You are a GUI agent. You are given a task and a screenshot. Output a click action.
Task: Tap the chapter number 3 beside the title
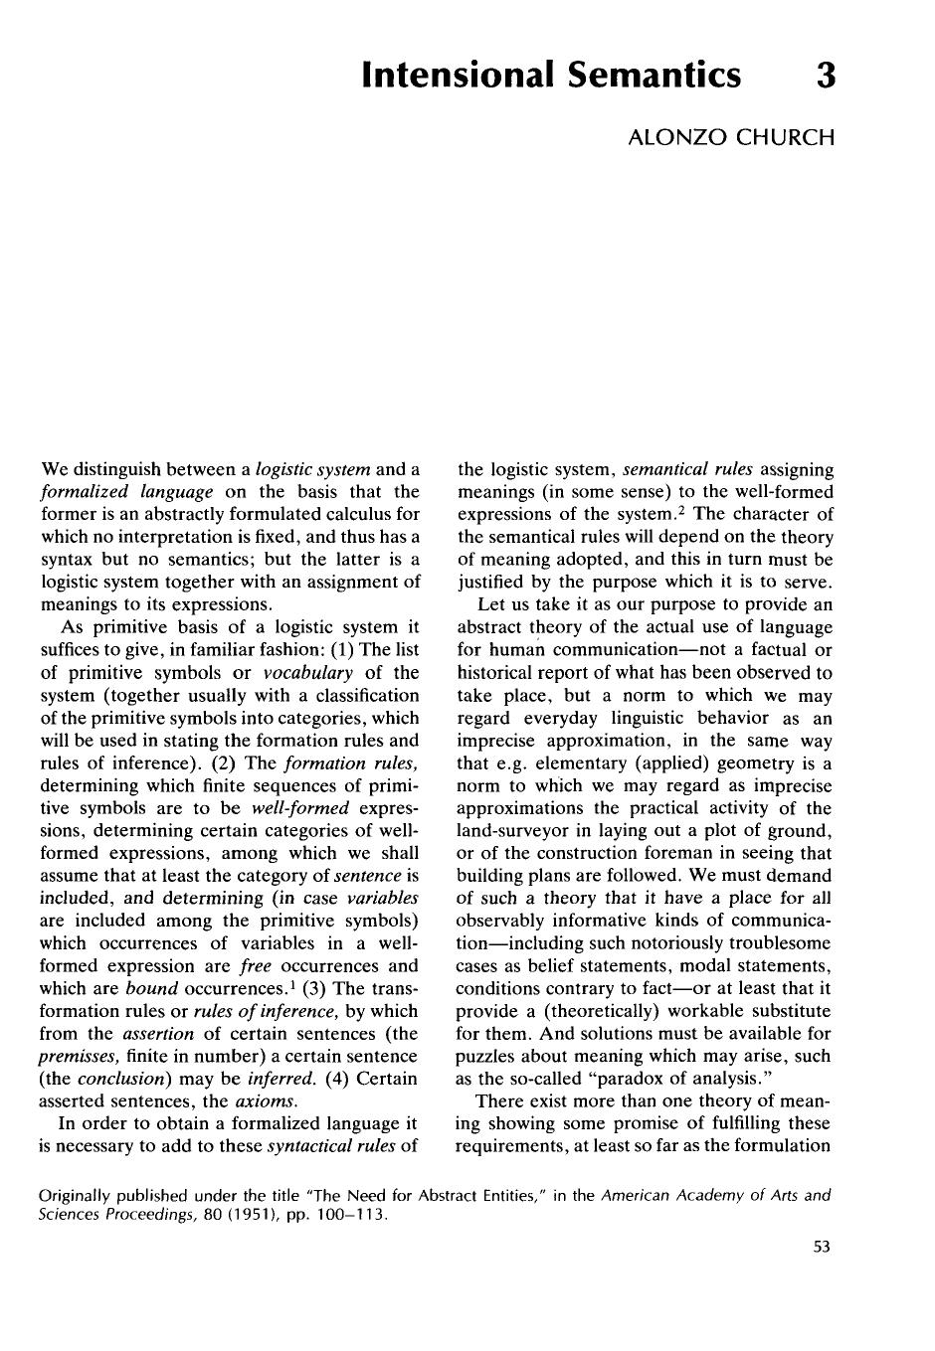(825, 75)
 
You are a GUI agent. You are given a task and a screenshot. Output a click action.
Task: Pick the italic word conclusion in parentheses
(119, 1079)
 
